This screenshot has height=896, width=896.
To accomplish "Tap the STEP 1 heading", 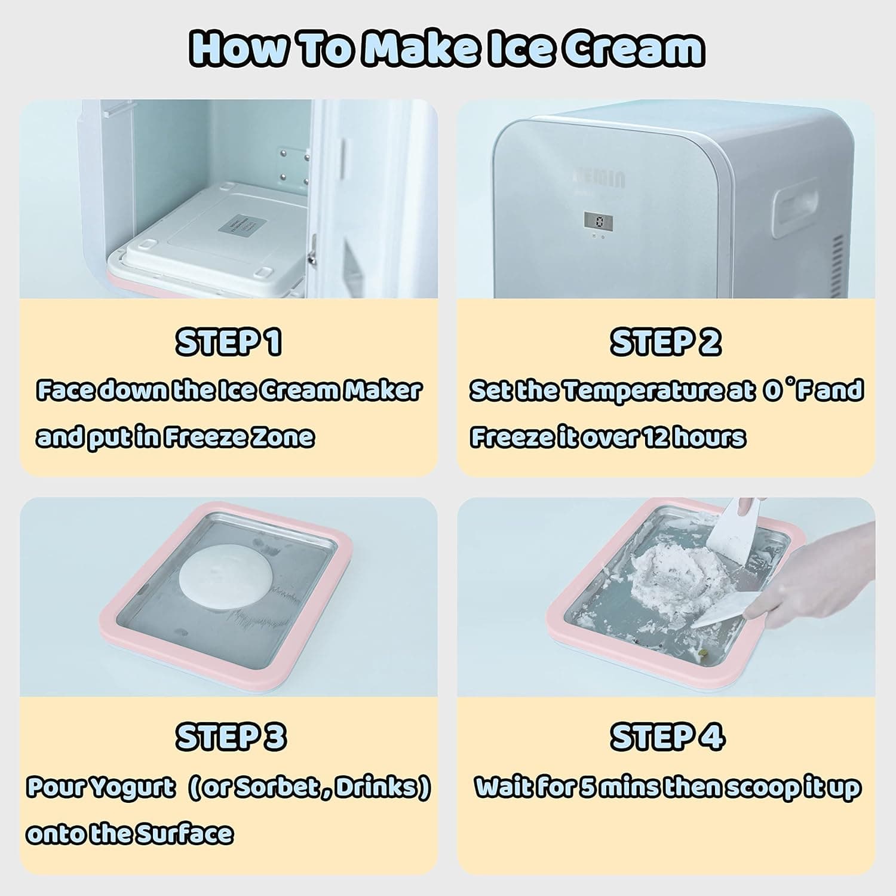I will [x=228, y=342].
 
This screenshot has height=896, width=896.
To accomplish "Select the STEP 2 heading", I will [x=665, y=342].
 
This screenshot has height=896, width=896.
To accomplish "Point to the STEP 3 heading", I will [x=231, y=737].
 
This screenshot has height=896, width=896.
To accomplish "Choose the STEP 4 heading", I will [x=667, y=737].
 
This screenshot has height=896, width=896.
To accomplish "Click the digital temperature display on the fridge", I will [x=598, y=222].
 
